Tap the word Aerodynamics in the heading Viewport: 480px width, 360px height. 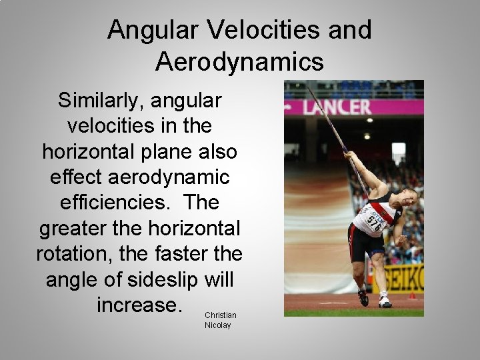click(x=239, y=61)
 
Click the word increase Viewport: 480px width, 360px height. click(x=139, y=305)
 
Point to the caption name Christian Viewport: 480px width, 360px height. click(x=220, y=315)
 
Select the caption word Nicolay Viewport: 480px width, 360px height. click(x=217, y=325)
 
